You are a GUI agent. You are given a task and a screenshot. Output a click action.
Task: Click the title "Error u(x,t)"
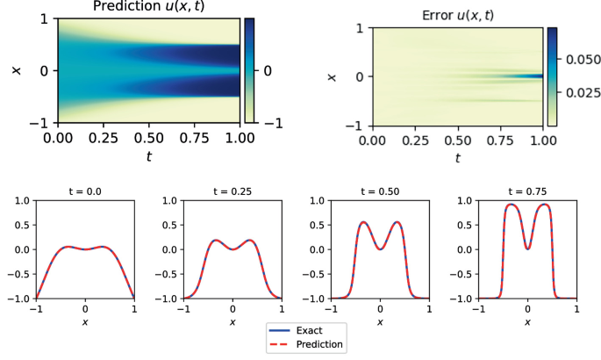tap(458, 16)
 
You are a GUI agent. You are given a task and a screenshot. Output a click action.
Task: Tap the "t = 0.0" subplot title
tap(85, 191)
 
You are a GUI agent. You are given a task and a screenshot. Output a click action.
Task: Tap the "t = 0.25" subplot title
tap(233, 191)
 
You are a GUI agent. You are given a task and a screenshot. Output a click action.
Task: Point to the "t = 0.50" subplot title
tap(380, 191)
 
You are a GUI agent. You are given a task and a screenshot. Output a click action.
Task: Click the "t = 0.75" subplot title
tap(527, 191)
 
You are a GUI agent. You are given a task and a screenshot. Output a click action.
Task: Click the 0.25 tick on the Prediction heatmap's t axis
tap(104, 138)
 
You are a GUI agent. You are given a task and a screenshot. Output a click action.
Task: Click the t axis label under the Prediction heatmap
tap(148, 155)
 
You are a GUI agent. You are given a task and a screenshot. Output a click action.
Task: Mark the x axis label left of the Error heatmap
tap(333, 76)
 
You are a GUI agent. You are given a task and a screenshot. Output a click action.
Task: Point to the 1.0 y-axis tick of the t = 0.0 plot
tap(24, 201)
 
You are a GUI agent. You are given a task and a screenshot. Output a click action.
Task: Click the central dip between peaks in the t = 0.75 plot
tap(527, 248)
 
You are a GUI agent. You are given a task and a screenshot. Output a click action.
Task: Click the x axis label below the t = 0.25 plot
tap(233, 322)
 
